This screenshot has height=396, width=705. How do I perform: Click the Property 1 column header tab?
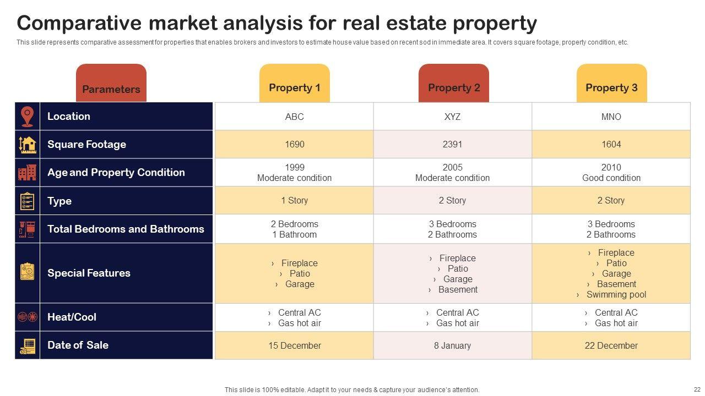(x=294, y=87)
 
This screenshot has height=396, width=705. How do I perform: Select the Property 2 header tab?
(x=454, y=87)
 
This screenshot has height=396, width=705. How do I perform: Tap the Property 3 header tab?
(x=611, y=87)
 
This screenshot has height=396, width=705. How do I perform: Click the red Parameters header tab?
(x=111, y=89)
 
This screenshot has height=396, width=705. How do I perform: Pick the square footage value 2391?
(x=452, y=144)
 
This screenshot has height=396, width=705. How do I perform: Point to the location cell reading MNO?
(x=611, y=117)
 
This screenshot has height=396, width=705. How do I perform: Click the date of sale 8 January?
(x=452, y=345)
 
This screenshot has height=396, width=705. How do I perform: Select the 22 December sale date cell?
(x=611, y=345)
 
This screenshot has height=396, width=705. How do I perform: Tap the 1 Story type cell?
(x=294, y=200)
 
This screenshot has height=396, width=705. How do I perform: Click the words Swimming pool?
(x=616, y=294)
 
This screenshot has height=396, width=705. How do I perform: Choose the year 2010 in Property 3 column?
(x=611, y=167)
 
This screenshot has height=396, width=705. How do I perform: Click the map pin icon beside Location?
(x=27, y=116)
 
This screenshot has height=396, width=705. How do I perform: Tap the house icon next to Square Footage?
(x=27, y=144)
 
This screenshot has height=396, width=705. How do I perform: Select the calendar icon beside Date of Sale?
(x=28, y=345)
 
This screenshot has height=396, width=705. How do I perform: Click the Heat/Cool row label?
(x=72, y=317)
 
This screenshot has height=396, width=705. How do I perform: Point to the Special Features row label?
(x=89, y=273)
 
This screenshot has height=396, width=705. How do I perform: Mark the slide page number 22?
(x=697, y=389)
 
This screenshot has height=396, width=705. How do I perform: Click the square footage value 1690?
(x=294, y=144)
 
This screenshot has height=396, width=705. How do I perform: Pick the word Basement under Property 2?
(x=458, y=289)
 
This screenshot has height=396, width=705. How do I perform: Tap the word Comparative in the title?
(x=77, y=24)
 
